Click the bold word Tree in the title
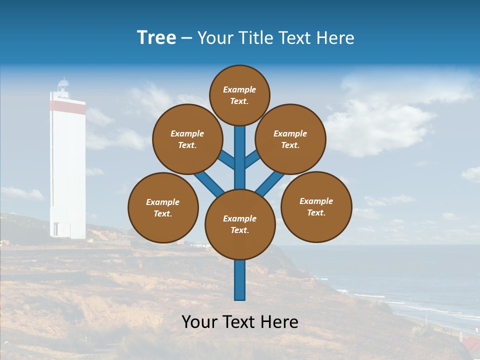point(156,37)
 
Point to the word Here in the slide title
point(334,37)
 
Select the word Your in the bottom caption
point(199,322)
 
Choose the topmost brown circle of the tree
point(239,95)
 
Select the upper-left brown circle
point(187,139)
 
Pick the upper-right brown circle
point(290,139)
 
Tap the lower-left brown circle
point(163,207)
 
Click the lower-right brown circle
point(316,206)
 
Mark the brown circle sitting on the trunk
point(240,224)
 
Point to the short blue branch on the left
point(226,160)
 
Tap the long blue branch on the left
point(208,182)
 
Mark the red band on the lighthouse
point(67,106)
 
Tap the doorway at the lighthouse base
point(55,229)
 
